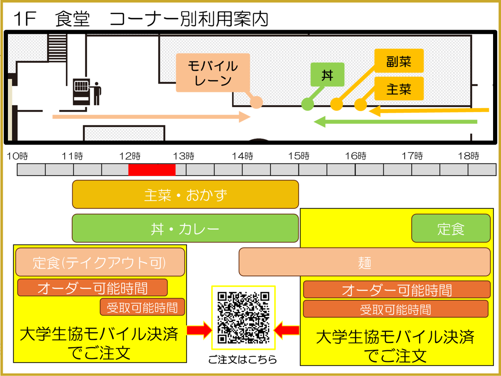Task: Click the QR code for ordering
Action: (x=243, y=318)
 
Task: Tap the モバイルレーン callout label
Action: (x=213, y=73)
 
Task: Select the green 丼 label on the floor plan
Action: (x=327, y=75)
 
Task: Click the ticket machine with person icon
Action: (x=87, y=91)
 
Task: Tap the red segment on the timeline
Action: (x=152, y=170)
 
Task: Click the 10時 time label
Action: (x=18, y=157)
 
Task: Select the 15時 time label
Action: (x=299, y=157)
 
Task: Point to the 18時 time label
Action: (x=468, y=157)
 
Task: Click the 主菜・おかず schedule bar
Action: (x=185, y=194)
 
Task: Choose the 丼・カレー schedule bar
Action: (x=185, y=229)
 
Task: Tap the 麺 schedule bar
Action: (x=364, y=262)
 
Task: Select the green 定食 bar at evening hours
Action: (x=450, y=229)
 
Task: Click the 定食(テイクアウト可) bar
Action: (x=100, y=262)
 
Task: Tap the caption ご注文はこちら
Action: (x=243, y=360)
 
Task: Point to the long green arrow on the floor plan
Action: (x=395, y=122)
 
